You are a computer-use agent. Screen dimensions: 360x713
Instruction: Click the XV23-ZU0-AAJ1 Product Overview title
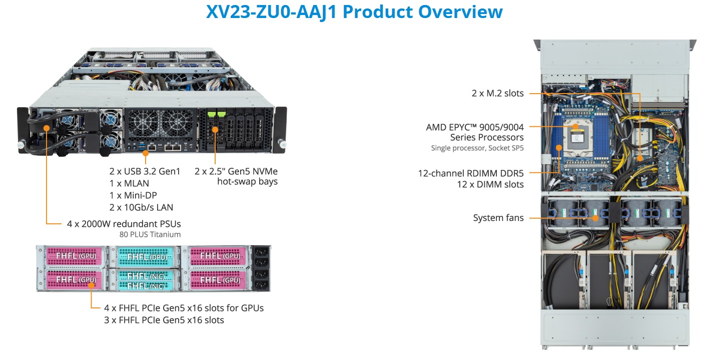coord(354,12)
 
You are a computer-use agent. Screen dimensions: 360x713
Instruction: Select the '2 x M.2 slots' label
coord(497,93)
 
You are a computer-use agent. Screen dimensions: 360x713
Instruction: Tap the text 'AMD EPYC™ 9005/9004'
coord(475,127)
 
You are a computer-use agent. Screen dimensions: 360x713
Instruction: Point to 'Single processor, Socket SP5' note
coord(477,148)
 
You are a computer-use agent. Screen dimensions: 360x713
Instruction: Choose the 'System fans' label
coord(498,218)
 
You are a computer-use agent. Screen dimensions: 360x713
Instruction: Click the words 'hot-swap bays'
coord(247,181)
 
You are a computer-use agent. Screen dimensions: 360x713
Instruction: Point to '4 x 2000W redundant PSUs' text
coord(124,223)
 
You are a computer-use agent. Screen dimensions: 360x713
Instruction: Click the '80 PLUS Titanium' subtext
coord(150,234)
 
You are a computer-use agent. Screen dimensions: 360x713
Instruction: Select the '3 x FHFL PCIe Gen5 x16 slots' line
coord(164,320)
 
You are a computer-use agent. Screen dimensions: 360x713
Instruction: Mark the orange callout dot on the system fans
coord(595,218)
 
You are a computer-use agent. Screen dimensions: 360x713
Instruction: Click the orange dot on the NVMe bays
coord(216,130)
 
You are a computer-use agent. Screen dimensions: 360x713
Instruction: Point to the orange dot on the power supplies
coord(47,128)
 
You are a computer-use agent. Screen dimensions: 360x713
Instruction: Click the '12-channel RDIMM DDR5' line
coord(471,174)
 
